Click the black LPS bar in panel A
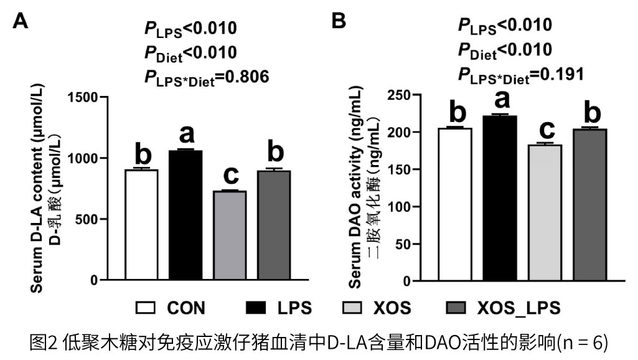[185, 216]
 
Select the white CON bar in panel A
[141, 225]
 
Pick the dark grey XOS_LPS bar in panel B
[589, 205]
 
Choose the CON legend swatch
[146, 308]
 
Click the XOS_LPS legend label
[518, 308]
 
